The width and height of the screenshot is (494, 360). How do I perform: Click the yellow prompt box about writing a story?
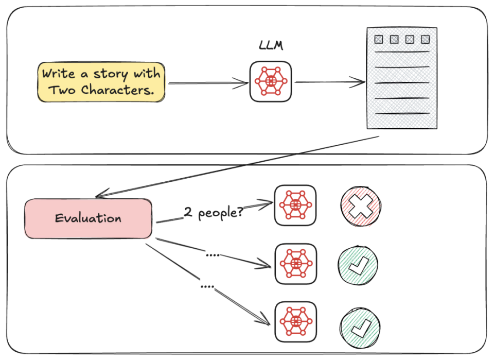(x=101, y=82)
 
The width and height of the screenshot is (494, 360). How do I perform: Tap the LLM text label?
(x=271, y=46)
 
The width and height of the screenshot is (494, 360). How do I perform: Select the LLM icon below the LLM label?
(x=271, y=81)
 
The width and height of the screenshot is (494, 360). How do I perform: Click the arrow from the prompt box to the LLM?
(x=208, y=83)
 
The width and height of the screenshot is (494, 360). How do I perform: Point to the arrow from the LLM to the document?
(x=330, y=82)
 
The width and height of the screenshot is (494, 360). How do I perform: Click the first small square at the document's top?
(x=379, y=40)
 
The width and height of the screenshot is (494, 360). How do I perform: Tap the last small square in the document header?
(x=426, y=40)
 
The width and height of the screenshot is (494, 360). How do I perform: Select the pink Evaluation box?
(x=88, y=218)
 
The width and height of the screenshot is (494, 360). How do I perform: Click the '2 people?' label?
(x=214, y=213)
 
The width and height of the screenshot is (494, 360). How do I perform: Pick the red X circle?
(x=361, y=206)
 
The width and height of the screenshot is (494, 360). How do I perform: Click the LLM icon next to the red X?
(x=295, y=205)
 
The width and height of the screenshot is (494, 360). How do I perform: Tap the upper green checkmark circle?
(x=358, y=265)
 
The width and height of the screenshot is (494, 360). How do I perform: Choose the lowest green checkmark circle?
(x=360, y=327)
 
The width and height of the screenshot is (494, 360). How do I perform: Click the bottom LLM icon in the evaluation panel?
(x=295, y=322)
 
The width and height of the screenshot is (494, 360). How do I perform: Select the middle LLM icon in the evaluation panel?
(x=295, y=264)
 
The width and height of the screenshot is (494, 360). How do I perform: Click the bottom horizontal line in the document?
(x=402, y=113)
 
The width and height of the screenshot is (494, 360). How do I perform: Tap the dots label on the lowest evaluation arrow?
(x=207, y=286)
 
